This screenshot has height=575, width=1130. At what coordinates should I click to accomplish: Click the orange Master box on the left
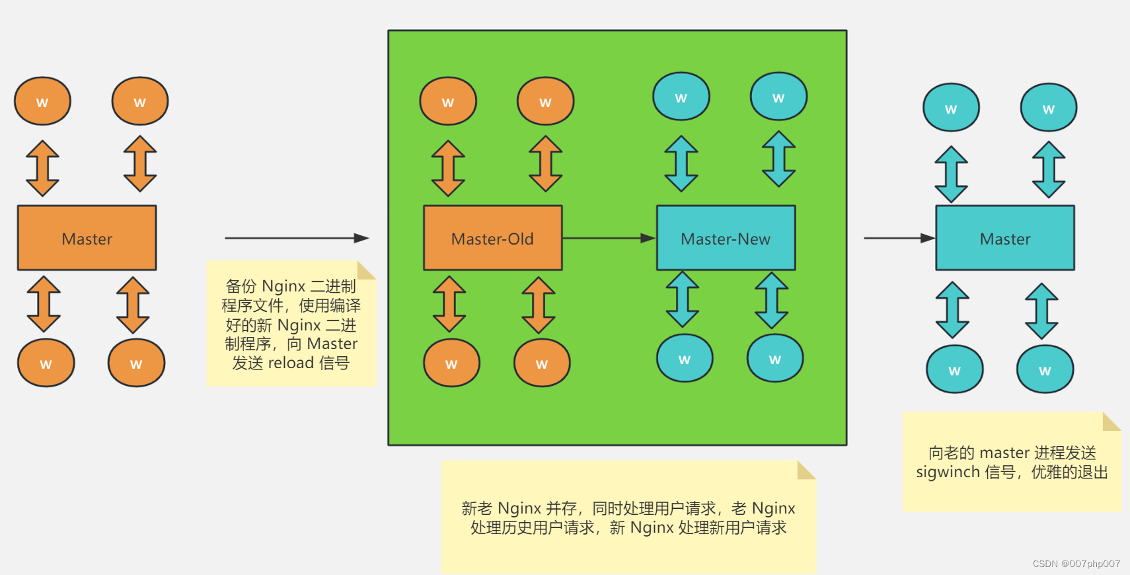pyautogui.click(x=87, y=238)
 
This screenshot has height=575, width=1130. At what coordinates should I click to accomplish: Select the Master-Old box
pyautogui.click(x=492, y=238)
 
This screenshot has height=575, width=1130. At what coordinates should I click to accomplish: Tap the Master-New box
pyautogui.click(x=726, y=238)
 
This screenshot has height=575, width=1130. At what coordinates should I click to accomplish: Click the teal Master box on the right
pyautogui.click(x=1004, y=238)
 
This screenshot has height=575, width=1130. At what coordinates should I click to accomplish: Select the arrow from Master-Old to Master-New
pyautogui.click(x=608, y=238)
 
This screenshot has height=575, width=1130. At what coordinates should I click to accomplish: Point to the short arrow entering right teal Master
pyautogui.click(x=899, y=238)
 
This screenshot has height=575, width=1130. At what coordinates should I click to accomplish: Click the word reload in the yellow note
pyautogui.click(x=291, y=363)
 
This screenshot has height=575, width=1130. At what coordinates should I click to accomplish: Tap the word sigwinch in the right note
pyautogui.click(x=948, y=472)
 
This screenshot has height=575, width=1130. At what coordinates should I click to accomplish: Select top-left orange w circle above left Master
pyautogui.click(x=42, y=101)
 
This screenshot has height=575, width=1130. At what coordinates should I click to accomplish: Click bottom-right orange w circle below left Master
pyautogui.click(x=136, y=363)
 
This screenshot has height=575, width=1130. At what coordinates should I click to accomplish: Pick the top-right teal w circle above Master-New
pyautogui.click(x=778, y=96)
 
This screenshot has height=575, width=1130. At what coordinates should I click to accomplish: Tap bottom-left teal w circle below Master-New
pyautogui.click(x=685, y=358)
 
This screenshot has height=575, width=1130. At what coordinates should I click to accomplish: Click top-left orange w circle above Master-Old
pyautogui.click(x=448, y=101)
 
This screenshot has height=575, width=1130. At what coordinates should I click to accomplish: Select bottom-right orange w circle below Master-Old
pyautogui.click(x=542, y=363)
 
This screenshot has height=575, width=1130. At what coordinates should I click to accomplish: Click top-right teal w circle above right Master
pyautogui.click(x=1048, y=108)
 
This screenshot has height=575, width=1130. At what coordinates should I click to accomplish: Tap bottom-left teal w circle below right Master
pyautogui.click(x=954, y=369)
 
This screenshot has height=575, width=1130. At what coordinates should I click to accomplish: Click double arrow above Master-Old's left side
pyautogui.click(x=448, y=168)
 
